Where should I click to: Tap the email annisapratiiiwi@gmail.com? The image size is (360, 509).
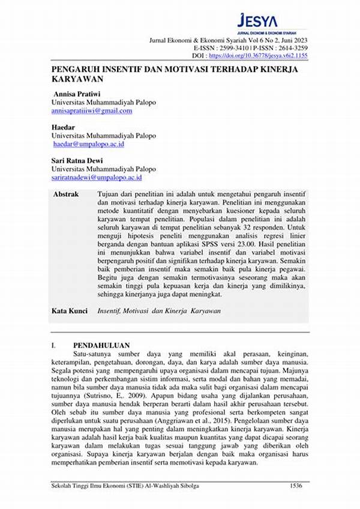pyautogui.click(x=91, y=111)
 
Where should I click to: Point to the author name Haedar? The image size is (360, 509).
pyautogui.click(x=65, y=128)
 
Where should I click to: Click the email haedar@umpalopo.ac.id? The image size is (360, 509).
pyautogui.click(x=88, y=145)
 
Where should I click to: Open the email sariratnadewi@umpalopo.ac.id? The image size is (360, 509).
pyautogui.click(x=97, y=178)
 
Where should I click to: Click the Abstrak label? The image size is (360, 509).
pyautogui.click(x=66, y=195)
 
